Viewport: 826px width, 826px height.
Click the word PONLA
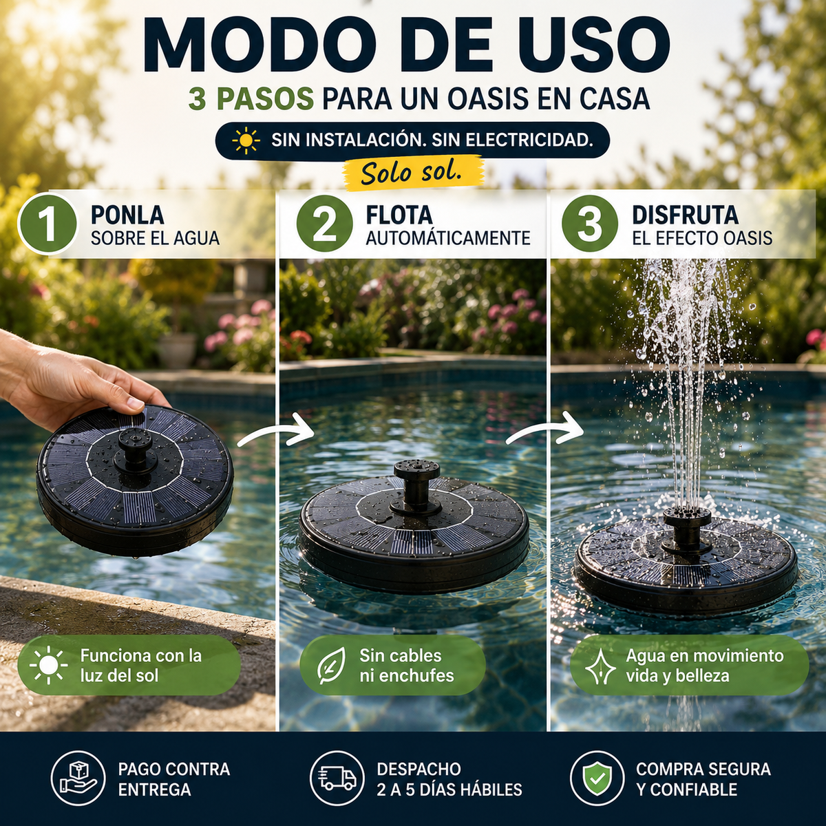pos(127,215)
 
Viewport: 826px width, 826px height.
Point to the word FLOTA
pos(399,215)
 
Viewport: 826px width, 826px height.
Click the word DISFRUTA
pos(685,215)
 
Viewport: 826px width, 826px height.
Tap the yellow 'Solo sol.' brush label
pos(413,173)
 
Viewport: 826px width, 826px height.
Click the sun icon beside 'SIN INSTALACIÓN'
pos(246,140)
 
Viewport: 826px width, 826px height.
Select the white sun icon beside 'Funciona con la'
pos(49,665)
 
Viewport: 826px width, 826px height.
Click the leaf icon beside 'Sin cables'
pos(331,665)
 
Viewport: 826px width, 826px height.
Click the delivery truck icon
pos(337,779)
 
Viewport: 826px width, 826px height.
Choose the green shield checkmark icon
pos(597,779)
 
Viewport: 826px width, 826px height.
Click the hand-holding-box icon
pos(78,779)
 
